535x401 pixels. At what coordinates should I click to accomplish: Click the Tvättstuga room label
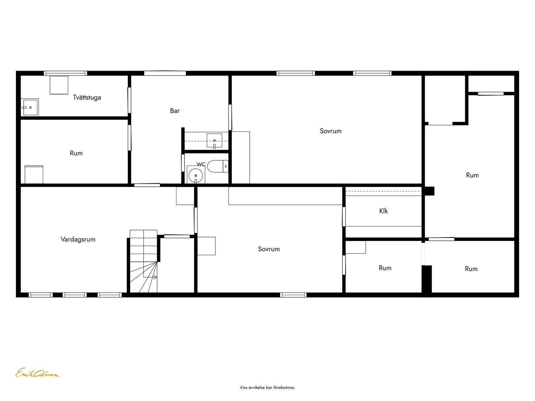tap(87, 97)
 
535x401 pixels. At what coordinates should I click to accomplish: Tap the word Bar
tap(175, 111)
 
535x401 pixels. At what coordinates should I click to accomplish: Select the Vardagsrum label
tap(78, 239)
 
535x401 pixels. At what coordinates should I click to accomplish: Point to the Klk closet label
tap(383, 211)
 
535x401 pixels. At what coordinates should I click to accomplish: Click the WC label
tap(201, 164)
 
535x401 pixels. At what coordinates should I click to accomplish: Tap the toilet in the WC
tap(218, 166)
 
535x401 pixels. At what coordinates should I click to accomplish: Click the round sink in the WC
tap(196, 175)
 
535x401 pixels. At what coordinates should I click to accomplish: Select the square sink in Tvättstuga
tap(30, 107)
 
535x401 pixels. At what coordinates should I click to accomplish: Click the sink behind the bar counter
tap(214, 141)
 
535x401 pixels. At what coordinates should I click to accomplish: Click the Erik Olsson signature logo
tap(37, 373)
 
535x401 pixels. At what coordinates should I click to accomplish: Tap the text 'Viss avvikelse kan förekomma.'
tap(267, 388)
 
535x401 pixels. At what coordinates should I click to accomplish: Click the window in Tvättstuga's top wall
tap(65, 73)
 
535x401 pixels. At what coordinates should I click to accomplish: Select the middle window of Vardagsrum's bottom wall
tap(75, 295)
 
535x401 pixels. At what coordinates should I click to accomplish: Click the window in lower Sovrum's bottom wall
tap(293, 295)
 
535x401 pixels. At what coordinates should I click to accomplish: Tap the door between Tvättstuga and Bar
tap(129, 100)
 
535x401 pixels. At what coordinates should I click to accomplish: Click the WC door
tap(183, 163)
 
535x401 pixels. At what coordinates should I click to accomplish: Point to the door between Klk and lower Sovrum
tap(344, 217)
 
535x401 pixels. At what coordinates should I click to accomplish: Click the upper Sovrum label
tap(330, 131)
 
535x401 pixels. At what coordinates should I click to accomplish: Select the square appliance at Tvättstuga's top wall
tap(59, 85)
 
